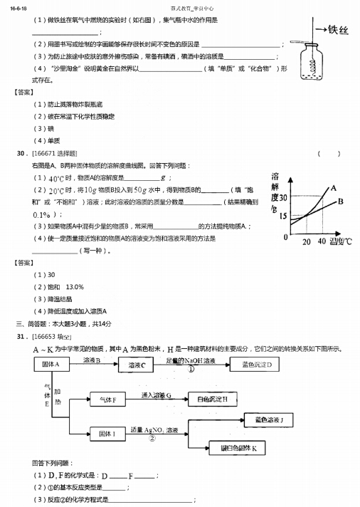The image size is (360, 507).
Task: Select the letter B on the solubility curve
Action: (340, 202)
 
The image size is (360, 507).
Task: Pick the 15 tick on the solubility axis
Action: (283, 216)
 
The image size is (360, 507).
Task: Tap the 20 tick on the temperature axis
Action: (307, 242)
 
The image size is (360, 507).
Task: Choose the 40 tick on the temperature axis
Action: (322, 242)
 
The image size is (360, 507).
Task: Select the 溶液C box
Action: (137, 365)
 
